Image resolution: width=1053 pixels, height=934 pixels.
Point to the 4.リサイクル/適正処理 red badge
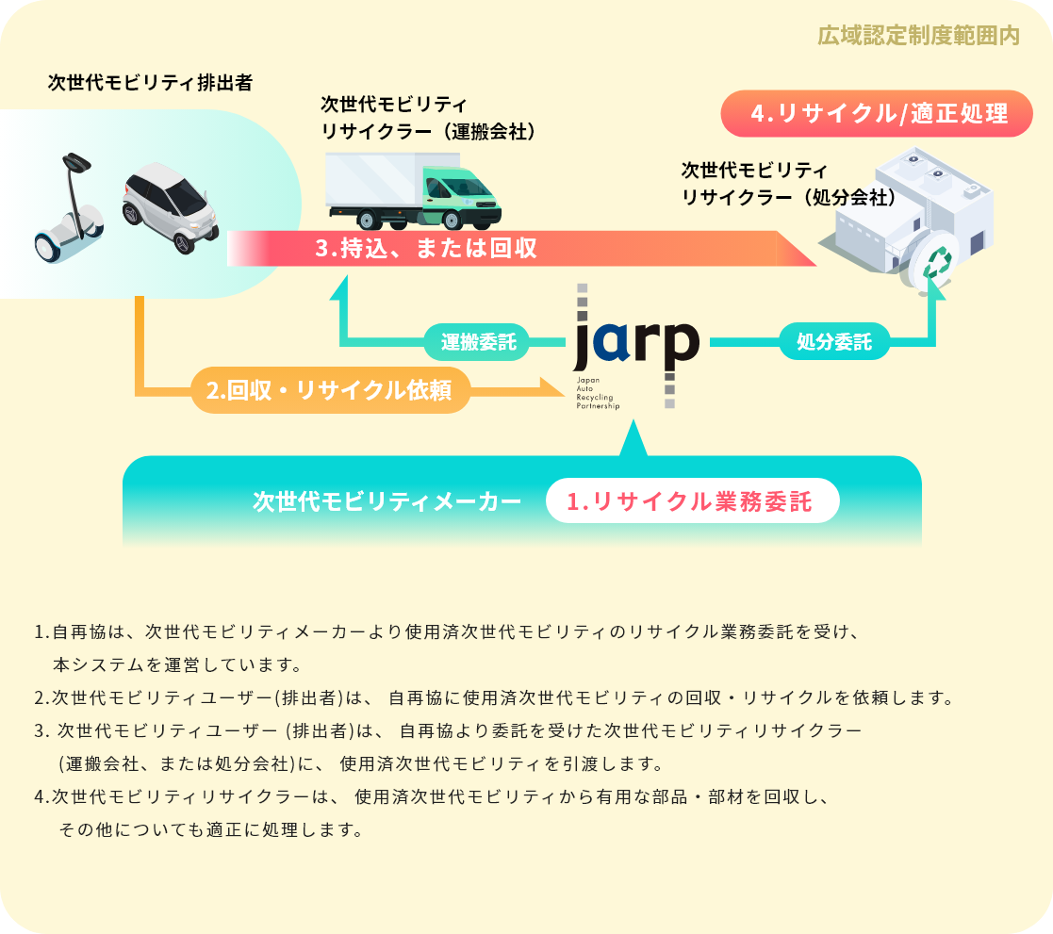click(878, 114)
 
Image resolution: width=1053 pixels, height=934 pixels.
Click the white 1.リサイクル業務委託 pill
click(692, 501)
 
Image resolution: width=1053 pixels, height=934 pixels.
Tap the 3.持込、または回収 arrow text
click(426, 248)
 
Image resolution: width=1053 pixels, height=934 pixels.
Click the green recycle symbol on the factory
click(937, 262)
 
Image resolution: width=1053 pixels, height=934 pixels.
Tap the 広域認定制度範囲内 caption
click(919, 36)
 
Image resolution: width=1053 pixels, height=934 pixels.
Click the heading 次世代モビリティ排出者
click(150, 83)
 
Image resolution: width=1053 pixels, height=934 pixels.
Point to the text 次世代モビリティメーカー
click(387, 501)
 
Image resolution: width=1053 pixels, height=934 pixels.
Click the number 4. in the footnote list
click(42, 796)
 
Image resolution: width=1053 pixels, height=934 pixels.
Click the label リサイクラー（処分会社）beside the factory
click(788, 196)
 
